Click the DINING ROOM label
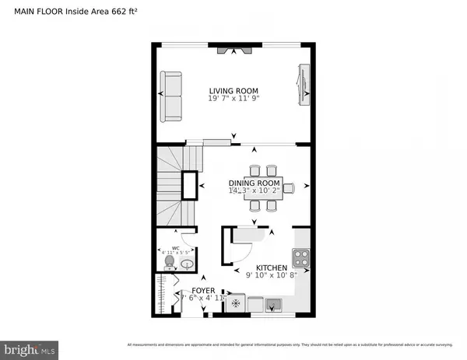(x=257, y=182)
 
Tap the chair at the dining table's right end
(x=289, y=187)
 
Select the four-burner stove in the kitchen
(x=300, y=257)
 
